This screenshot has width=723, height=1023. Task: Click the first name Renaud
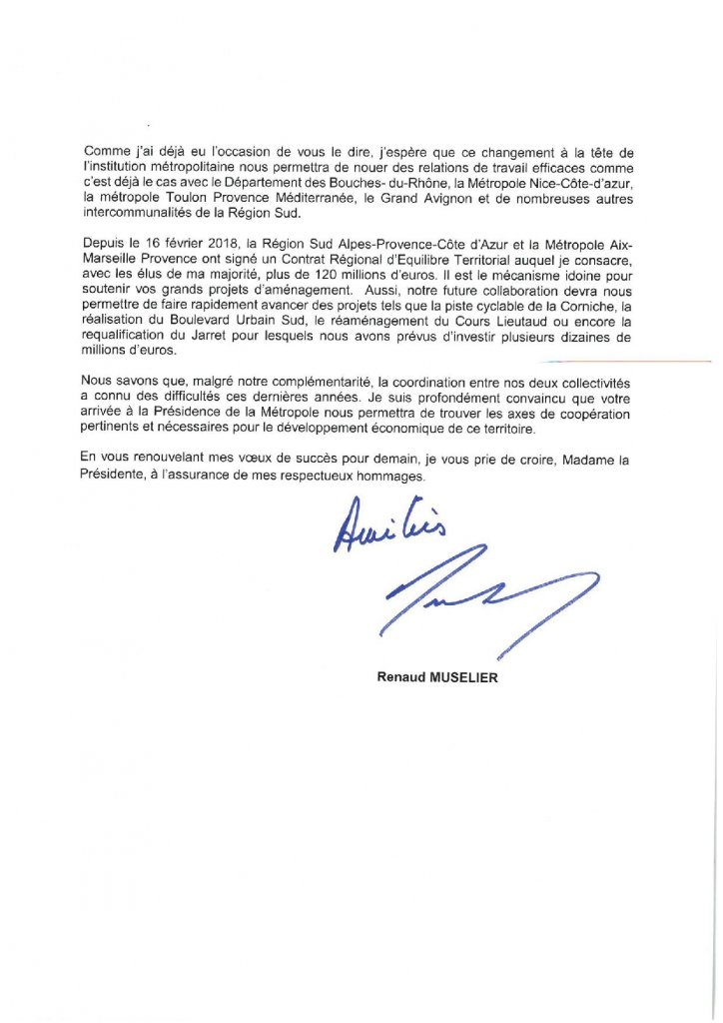(397, 677)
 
